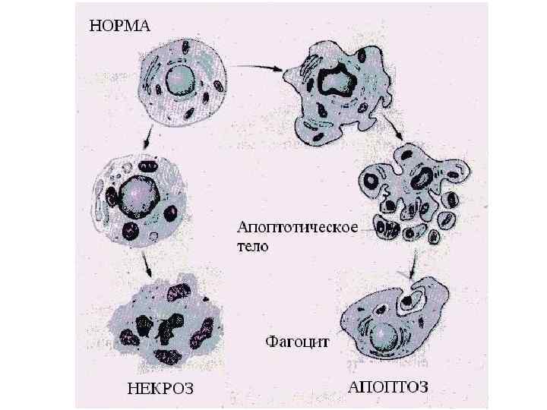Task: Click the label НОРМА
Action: click(121, 26)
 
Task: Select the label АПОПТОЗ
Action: click(387, 386)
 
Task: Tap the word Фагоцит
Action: click(297, 341)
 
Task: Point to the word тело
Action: click(253, 247)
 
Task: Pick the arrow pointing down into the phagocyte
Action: click(411, 266)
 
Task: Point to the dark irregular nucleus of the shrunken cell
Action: click(335, 81)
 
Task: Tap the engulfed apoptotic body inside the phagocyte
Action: click(410, 301)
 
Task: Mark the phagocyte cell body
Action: click(395, 323)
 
